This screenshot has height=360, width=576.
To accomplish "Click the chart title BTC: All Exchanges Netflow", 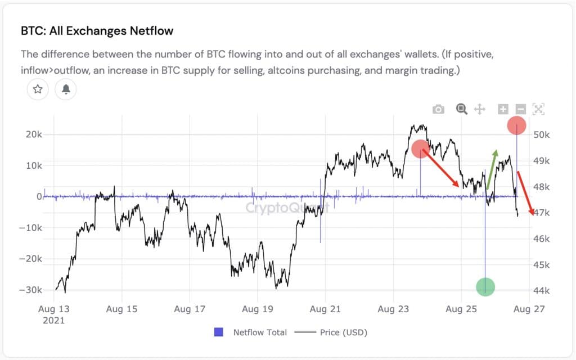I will coord(97,30).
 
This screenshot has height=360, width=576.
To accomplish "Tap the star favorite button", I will coord(38,89).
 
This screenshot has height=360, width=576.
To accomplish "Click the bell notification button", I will coord(66,89).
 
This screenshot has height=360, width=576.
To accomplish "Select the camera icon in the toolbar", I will coord(438,109).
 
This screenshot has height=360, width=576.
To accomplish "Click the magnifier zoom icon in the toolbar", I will coord(462,109).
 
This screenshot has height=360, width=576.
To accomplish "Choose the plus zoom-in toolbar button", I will coord(503,109).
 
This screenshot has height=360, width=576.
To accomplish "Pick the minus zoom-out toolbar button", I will coord(520,109).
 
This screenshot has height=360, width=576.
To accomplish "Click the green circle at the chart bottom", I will coord(485,287).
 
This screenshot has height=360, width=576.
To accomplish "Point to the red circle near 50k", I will coord(516,125).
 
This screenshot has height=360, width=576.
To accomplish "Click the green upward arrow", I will coord(491,169).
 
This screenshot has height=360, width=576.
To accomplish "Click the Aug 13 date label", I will coord(54,309).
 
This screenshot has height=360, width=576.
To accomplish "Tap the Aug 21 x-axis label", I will coord(326,309).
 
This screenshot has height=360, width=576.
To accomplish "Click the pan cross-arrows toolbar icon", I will coord(480,109).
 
